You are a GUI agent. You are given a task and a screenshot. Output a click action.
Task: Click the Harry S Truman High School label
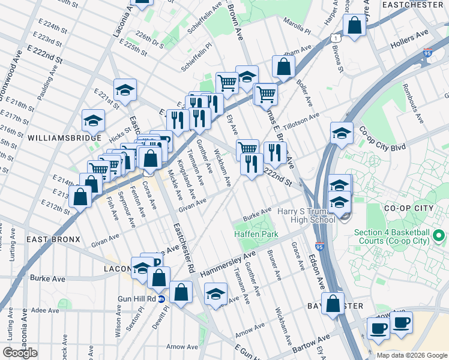click(306, 215)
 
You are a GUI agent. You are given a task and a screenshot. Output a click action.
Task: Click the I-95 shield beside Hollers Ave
click(427, 53)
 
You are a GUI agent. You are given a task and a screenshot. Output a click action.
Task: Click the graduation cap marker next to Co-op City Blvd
click(342, 133)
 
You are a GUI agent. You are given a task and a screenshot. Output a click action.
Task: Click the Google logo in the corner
click(20, 353)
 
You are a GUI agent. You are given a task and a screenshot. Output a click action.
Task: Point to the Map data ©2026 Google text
click(412, 355)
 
